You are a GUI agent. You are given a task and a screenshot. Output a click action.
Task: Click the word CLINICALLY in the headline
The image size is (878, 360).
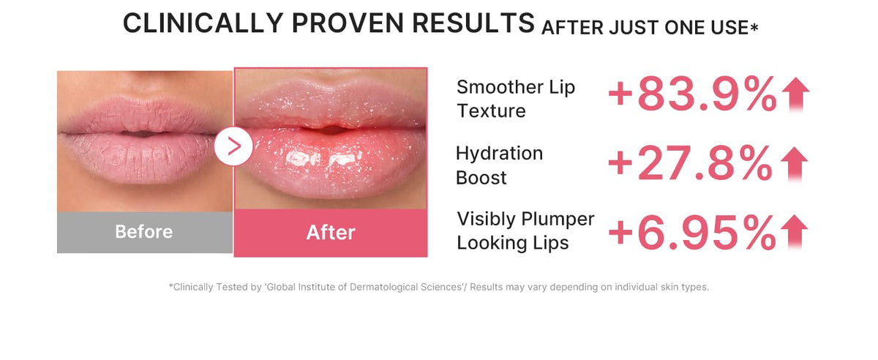(203, 23)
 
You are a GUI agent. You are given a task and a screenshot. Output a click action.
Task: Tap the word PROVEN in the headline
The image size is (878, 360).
(348, 23)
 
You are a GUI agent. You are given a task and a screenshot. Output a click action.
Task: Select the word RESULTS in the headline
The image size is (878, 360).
(473, 23)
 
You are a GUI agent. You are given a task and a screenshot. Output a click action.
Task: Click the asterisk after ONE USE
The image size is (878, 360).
(754, 26)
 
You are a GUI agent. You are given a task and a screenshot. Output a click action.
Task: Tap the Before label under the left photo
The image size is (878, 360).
(144, 232)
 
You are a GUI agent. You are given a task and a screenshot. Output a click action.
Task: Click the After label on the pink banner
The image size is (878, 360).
(331, 233)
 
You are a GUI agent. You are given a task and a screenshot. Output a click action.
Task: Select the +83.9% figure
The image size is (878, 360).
(692, 94)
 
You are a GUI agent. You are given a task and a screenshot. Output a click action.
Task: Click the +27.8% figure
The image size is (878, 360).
(691, 163)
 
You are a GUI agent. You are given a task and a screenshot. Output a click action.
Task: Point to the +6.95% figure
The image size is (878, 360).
(692, 233)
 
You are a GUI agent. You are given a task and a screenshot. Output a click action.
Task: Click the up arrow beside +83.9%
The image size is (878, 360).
(796, 94)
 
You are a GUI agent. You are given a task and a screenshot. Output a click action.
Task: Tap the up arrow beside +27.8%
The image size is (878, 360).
(794, 164)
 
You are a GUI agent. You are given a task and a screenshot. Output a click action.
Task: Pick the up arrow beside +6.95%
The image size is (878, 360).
(794, 232)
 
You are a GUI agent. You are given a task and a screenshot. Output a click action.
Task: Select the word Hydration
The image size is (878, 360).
(499, 154)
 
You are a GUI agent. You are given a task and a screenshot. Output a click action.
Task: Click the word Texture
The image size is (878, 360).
(492, 111)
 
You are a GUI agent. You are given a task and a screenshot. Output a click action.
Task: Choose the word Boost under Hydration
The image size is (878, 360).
(481, 178)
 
